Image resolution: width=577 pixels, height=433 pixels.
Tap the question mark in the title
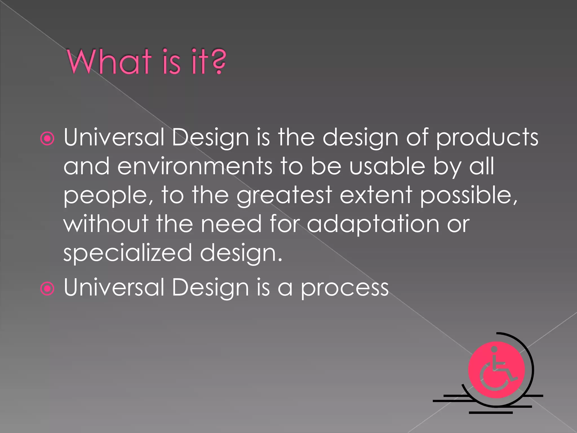[x=219, y=61]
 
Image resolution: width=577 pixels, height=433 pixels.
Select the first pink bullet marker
[x=47, y=139]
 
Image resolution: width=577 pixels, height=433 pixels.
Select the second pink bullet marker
[x=47, y=289]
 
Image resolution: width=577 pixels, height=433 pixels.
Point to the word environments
[x=195, y=167]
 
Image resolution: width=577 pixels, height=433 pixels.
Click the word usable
[x=387, y=167]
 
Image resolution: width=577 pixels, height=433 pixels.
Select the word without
[x=106, y=224]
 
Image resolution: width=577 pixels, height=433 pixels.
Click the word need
[x=231, y=224]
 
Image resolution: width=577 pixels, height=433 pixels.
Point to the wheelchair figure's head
[x=494, y=349]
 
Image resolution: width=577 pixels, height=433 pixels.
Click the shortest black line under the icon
[x=491, y=413]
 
